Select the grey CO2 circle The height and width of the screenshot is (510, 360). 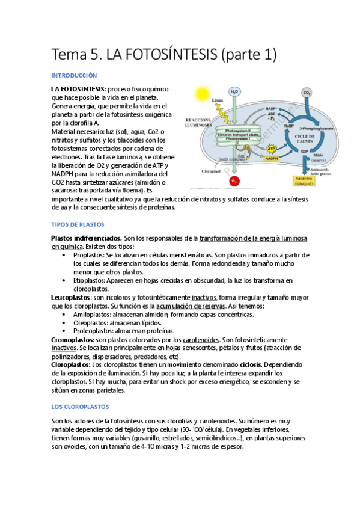coord(307,93)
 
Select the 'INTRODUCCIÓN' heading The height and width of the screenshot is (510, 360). coord(74,76)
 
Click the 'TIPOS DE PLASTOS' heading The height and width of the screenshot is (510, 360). coord(78,224)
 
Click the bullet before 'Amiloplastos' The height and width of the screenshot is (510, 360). coord(64,314)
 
